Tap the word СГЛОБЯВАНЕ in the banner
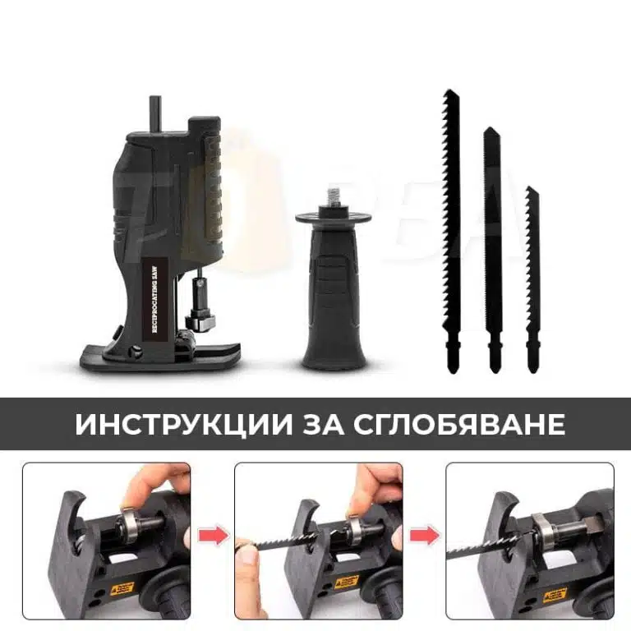click(459, 424)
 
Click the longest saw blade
click(451, 222)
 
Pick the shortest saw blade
click(533, 271)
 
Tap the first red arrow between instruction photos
click(213, 537)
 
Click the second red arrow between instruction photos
click(425, 537)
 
